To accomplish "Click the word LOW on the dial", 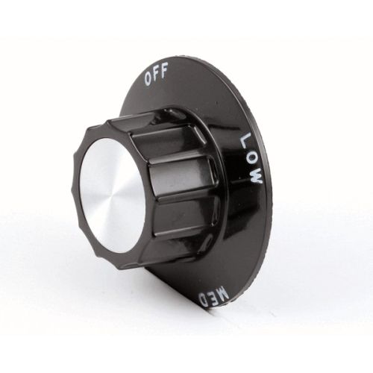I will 251,157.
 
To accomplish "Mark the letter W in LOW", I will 256,176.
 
